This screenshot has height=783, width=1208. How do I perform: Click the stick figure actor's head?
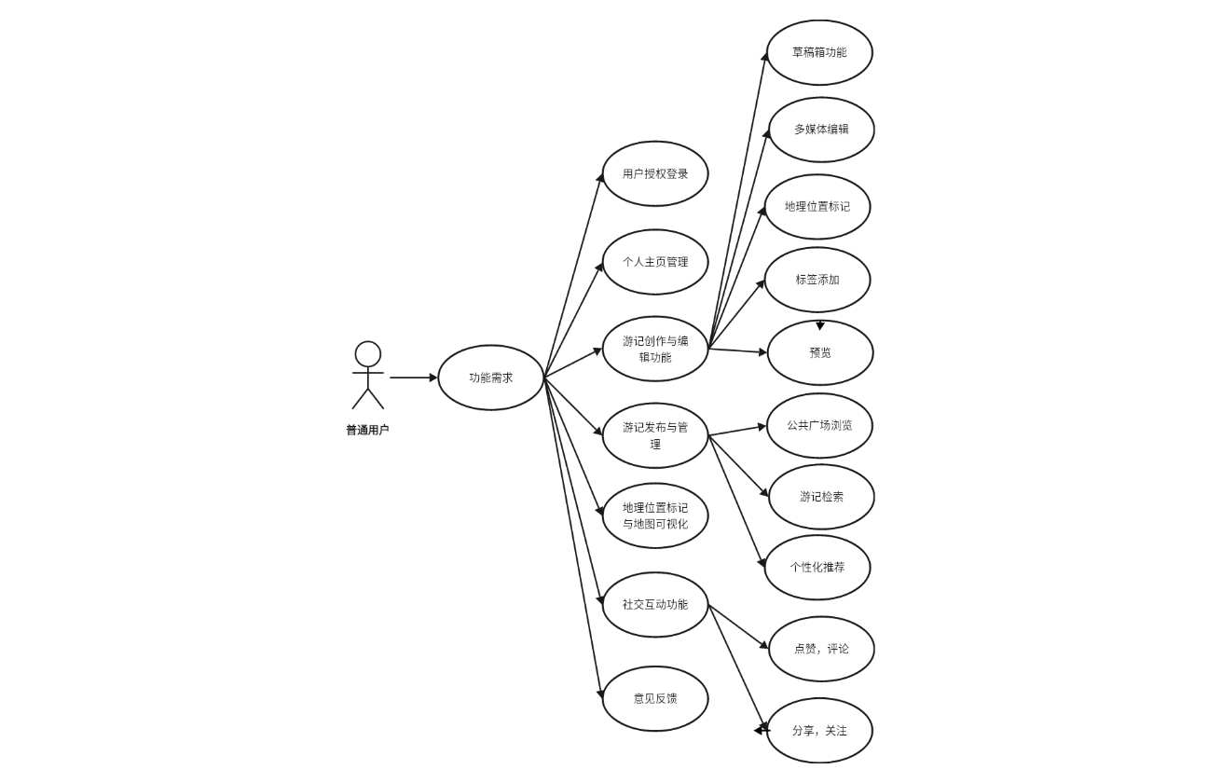pos(367,354)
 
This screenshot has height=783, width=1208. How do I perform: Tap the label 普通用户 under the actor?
pos(367,430)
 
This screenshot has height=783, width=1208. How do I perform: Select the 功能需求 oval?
pos(490,378)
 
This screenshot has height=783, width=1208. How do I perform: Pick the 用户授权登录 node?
pos(655,173)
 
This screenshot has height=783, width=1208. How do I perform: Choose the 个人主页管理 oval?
pos(655,262)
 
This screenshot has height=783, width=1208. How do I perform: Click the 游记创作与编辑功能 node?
pos(655,349)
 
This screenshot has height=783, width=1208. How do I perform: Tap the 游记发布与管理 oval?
pos(655,435)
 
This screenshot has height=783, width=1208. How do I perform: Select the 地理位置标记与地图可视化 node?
pos(655,515)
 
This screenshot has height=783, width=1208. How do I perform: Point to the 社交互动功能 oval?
pos(655,604)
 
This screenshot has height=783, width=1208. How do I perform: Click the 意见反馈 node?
pos(655,698)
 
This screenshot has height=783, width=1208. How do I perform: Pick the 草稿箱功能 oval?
pos(819,52)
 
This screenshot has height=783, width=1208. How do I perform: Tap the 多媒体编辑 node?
pos(821,130)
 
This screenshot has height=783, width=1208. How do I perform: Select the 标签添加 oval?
pos(817,280)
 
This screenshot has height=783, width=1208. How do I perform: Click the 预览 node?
pos(820,352)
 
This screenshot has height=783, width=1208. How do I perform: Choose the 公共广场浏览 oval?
pos(819,425)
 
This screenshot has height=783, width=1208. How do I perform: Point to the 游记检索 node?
pos(821,497)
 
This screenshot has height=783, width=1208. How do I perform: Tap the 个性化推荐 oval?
pos(817,567)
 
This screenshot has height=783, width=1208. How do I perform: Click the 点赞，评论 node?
pos(821,649)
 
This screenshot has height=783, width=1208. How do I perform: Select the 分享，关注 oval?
pos(819,731)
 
